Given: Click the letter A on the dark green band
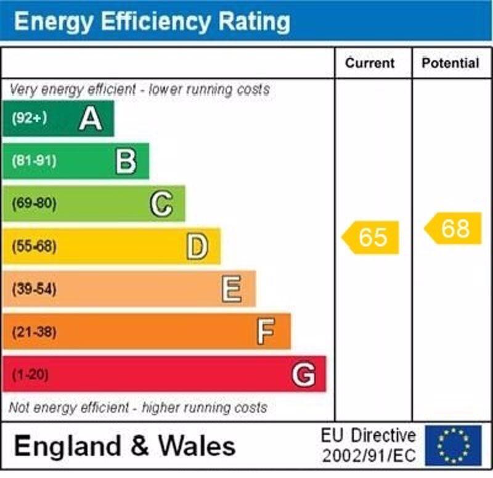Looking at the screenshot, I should coord(91,118).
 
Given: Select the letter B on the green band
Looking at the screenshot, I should coord(126,161).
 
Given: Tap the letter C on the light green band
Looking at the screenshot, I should coord(161,204).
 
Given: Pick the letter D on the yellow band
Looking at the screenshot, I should coord(197,246).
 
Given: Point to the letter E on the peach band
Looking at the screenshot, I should coord(232,289).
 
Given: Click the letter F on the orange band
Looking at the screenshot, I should coord(266,332).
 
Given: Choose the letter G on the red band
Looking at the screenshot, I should coord(304,374).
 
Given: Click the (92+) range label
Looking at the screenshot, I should coord(29,118).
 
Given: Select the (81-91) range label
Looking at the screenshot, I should coord(34,161).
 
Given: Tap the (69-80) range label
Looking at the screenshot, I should coord(34,204).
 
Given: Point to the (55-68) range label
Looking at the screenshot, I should coord(34,246).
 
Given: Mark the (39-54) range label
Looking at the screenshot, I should coord(34,289).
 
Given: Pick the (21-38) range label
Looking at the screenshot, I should coord(34,332).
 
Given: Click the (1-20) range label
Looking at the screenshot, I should coord(30,374).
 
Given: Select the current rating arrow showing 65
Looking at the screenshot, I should coord(372,237).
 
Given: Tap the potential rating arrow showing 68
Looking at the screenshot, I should coord(454,229).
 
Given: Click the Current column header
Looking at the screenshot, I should coord(370,63).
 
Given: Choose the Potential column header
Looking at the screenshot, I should coord(450,63).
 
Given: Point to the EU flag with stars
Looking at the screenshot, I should coord(454,445).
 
